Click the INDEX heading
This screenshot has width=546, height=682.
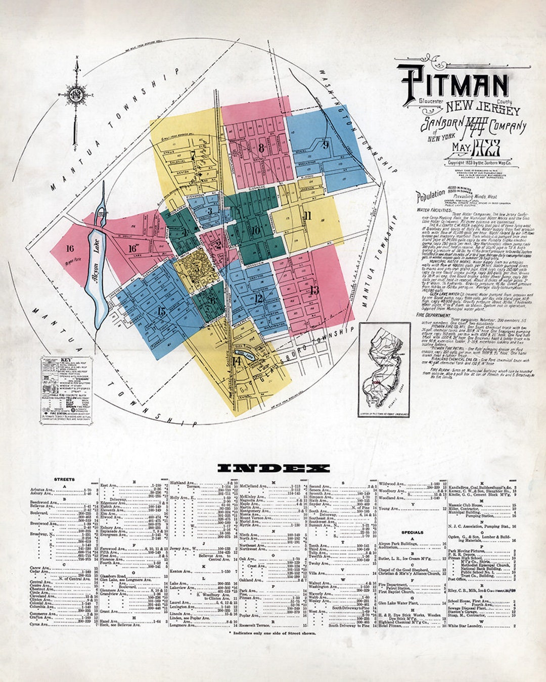(273, 468)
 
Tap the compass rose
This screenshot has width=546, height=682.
(76, 94)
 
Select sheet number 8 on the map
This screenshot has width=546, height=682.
(261, 148)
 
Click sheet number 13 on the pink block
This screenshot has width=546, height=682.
(314, 290)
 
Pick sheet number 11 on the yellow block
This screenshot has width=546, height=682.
(307, 216)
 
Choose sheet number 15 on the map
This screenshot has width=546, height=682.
(161, 311)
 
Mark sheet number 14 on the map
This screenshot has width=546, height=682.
(237, 361)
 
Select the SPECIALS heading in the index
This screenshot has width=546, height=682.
(413, 532)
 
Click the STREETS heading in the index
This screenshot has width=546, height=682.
(64, 479)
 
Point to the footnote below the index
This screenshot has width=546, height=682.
(272, 633)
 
